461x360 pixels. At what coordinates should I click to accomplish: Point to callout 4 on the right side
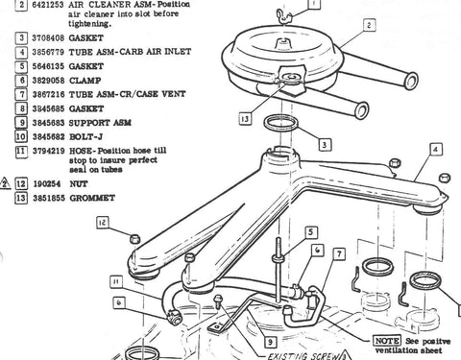(x=435, y=150)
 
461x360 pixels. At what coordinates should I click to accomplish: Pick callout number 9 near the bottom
(x=272, y=339)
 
